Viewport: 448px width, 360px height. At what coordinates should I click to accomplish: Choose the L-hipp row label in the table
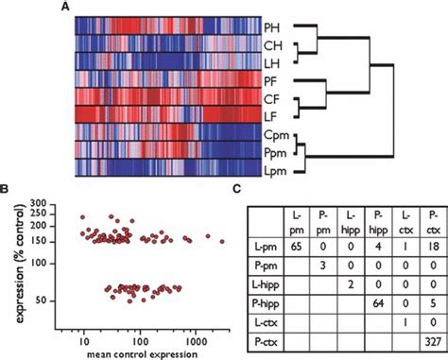pyautogui.click(x=250, y=284)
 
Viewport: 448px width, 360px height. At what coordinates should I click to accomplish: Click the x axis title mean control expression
pyautogui.click(x=142, y=351)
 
